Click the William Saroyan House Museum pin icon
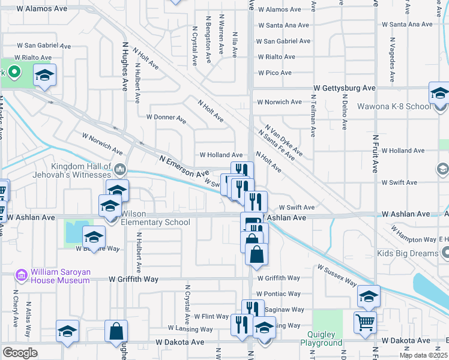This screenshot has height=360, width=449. pyautogui.click(x=22, y=275)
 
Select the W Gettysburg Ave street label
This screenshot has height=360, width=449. pyautogui.click(x=344, y=88)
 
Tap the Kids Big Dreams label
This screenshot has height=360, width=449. pyautogui.click(x=408, y=253)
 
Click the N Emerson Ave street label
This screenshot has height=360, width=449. pyautogui.click(x=184, y=166)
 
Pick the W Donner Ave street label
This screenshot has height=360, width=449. pyautogui.click(x=166, y=118)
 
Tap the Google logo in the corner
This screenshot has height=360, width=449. pyautogui.click(x=20, y=353)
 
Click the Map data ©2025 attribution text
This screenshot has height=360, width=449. pyautogui.click(x=423, y=355)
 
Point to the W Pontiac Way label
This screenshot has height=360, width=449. pyautogui.click(x=278, y=294)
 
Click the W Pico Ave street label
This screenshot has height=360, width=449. pyautogui.click(x=274, y=73)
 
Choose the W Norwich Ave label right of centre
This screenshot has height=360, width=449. pyautogui.click(x=279, y=102)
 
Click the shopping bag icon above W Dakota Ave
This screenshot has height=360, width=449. pyautogui.click(x=115, y=331)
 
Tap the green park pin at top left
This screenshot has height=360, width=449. pyautogui.click(x=14, y=73)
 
